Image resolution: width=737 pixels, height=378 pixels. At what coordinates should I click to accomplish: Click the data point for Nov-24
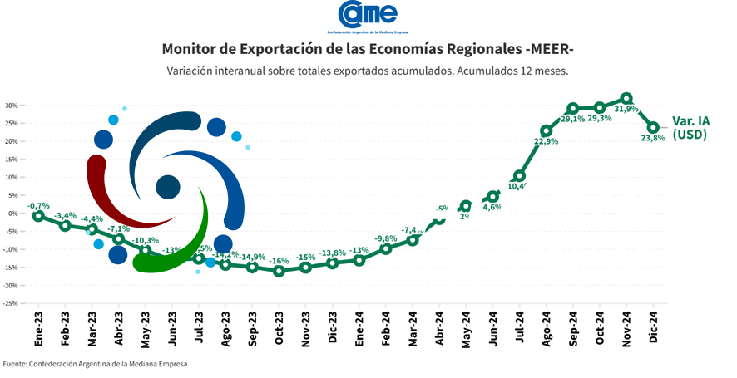click(x=626, y=98)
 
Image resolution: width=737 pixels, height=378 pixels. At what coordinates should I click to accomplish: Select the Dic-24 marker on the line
click(x=653, y=127)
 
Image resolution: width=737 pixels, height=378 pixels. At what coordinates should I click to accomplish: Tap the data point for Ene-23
click(x=38, y=216)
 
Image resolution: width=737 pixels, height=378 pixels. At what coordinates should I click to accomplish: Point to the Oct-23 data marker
click(x=279, y=271)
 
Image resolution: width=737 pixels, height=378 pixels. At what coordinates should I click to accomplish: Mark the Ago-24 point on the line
click(x=546, y=131)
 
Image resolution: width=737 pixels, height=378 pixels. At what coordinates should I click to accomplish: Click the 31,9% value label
click(x=626, y=110)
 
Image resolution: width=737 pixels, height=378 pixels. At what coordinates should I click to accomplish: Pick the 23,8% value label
click(x=653, y=139)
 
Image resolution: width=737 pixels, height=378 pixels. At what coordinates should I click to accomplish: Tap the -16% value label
click(x=279, y=260)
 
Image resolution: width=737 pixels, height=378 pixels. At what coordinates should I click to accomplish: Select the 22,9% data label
click(x=546, y=142)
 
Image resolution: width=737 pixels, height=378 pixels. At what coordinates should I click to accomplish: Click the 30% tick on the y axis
click(x=12, y=106)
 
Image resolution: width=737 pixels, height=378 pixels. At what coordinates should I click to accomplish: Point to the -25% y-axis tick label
click(x=10, y=303)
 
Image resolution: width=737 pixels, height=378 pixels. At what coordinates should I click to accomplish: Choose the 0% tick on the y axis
click(x=13, y=214)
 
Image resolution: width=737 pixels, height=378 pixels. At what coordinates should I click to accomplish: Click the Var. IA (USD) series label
click(x=690, y=127)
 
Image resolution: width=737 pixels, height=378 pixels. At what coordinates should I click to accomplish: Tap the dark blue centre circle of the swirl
click(x=168, y=187)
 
